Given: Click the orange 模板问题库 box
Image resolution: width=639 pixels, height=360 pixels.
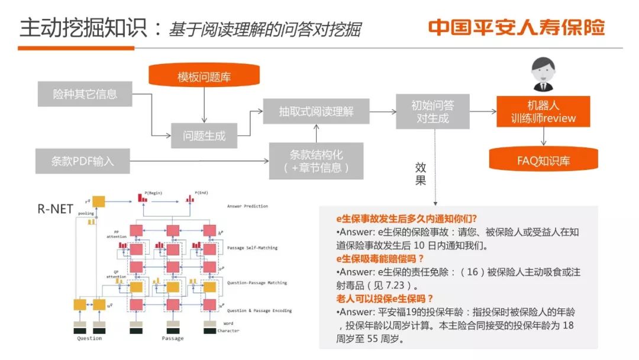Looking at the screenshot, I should [204, 77].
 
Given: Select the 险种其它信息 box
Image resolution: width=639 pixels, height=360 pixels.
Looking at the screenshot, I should [85, 94].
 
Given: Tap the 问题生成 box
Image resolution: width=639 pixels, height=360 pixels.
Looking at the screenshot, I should [204, 136].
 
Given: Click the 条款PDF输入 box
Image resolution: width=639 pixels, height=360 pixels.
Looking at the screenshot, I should [82, 160].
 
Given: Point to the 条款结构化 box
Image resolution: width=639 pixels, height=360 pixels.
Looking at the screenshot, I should [316, 160].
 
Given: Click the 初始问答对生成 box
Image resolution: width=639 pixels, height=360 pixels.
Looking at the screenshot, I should [433, 111].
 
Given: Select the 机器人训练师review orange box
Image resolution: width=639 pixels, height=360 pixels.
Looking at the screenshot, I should [543, 111].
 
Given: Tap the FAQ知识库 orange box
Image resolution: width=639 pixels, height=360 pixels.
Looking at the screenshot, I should [543, 160].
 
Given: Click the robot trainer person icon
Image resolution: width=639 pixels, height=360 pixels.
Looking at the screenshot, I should [543, 73].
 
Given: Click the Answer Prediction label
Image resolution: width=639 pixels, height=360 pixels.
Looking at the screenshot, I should [247, 206].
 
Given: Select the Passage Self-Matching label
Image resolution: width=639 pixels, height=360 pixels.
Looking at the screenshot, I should [253, 247].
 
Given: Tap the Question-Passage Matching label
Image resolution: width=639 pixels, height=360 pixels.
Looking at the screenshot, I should [257, 283].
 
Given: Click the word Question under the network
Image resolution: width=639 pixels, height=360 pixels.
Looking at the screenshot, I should [89, 338].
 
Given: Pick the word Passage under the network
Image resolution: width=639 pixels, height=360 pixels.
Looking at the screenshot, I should [173, 338].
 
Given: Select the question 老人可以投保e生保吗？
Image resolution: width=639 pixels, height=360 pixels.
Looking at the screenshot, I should [385, 298].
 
